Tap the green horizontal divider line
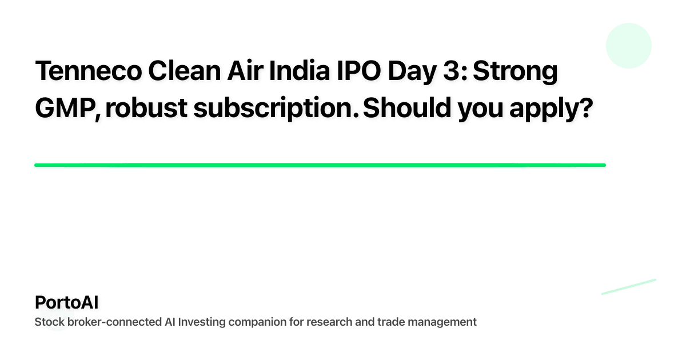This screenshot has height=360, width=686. [x=320, y=165]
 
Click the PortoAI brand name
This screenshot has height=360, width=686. [x=66, y=303]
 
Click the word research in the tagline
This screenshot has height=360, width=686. [x=328, y=322]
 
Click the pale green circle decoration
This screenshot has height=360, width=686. [x=628, y=46]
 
